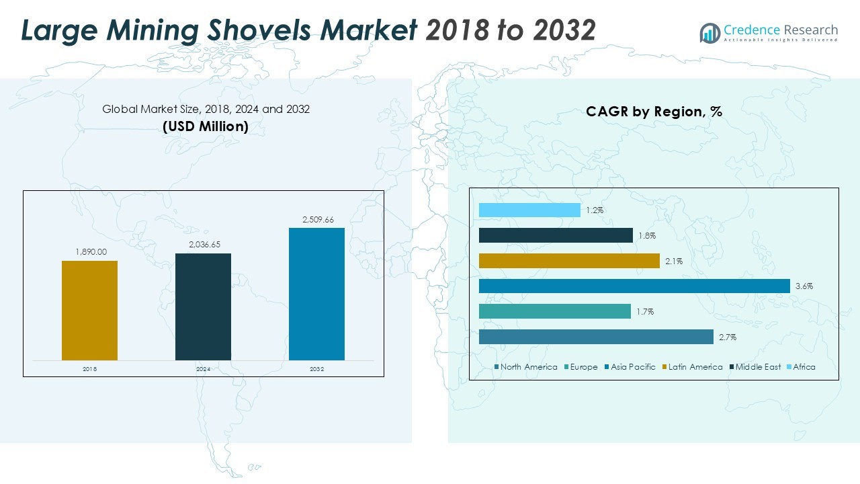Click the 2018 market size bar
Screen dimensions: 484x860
tap(89, 311)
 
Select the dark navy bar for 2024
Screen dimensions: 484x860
tap(203, 307)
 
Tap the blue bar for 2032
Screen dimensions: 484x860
tap(316, 294)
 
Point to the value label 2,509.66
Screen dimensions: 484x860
tap(316, 220)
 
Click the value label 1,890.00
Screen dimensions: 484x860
tap(89, 252)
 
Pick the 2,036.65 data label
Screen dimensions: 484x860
tap(203, 245)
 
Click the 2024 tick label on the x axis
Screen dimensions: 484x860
tap(203, 370)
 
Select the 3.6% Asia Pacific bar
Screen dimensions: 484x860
tap(634, 286)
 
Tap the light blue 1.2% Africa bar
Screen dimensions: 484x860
tap(529, 210)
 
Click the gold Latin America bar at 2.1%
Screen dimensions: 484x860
tap(569, 261)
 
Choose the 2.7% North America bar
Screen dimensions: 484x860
tap(596, 337)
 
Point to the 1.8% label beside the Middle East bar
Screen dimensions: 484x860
tap(647, 236)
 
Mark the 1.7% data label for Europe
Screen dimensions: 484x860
tap(645, 312)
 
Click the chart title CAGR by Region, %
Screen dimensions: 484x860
tap(654, 112)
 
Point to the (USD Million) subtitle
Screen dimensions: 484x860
tap(206, 126)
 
